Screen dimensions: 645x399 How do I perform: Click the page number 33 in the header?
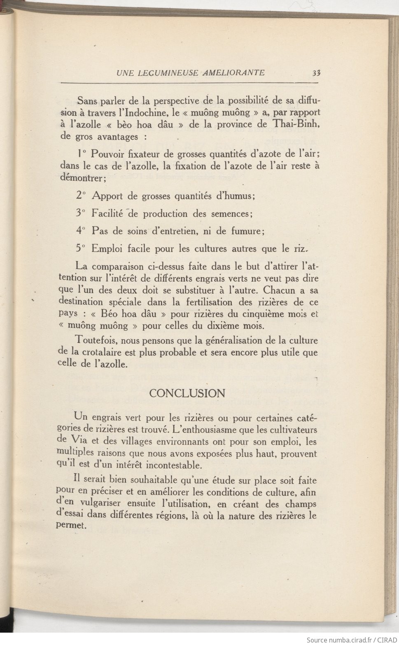point(316,73)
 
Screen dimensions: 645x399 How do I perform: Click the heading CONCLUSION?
point(187,393)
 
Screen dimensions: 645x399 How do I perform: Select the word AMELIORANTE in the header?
point(233,73)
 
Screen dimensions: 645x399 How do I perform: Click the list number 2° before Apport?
point(80,196)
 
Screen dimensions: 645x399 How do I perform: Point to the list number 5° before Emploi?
point(80,248)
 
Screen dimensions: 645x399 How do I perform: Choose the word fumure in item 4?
point(246,231)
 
